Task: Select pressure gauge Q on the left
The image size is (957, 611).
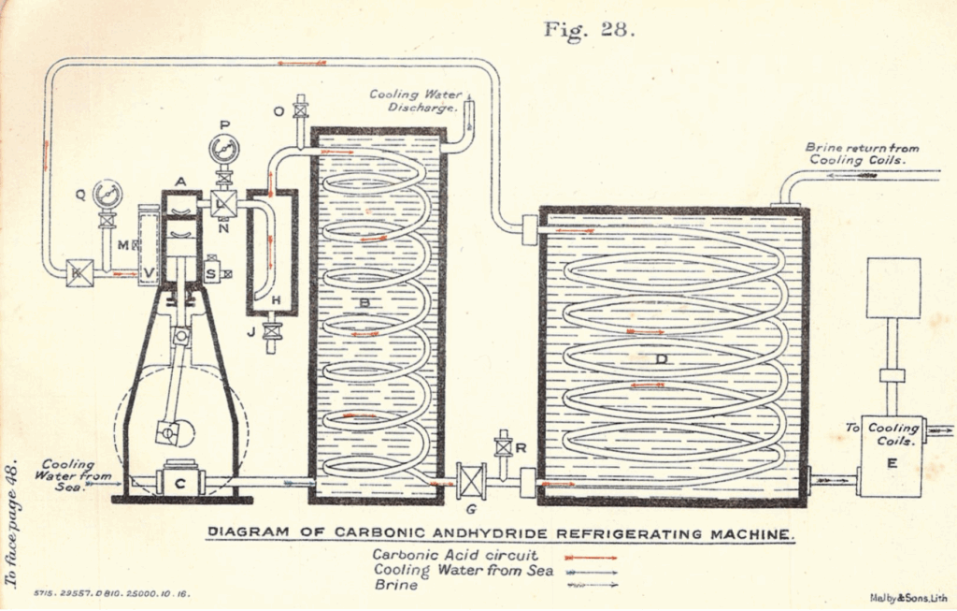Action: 107,194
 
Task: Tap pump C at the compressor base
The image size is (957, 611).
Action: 178,481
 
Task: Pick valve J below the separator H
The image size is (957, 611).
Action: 272,330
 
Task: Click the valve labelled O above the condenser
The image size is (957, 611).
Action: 300,110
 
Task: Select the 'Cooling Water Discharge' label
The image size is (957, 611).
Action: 413,100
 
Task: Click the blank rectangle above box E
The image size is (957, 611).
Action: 893,287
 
